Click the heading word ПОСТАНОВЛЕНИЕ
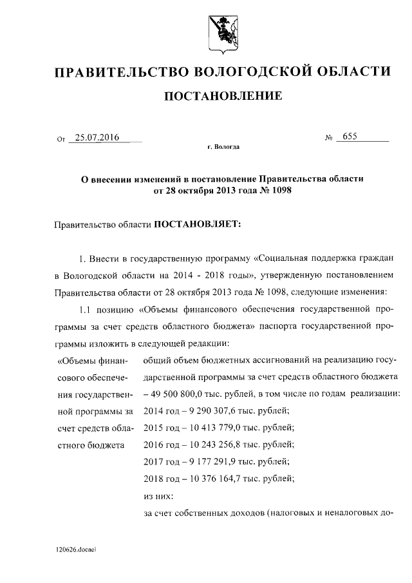click(x=223, y=97)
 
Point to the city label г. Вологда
click(x=223, y=148)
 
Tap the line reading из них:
click(x=156, y=495)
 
